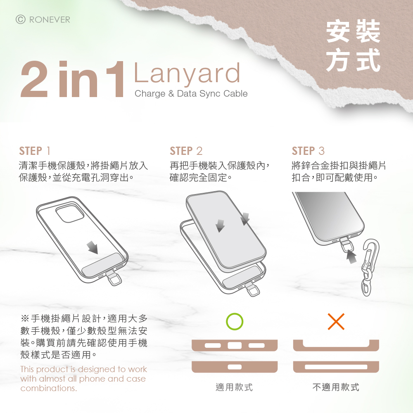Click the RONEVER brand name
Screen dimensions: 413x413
50,20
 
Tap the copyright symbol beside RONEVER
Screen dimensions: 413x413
21,19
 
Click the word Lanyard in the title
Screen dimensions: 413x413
187,74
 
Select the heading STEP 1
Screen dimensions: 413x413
35,151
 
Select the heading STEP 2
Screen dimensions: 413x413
186,151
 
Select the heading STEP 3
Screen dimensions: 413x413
308,151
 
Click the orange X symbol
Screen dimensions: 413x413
336,321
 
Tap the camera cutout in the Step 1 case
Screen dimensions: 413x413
69,213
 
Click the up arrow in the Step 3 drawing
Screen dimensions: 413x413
351,256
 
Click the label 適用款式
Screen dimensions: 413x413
234,387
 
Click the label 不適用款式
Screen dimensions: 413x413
336,387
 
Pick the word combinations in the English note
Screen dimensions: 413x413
49,388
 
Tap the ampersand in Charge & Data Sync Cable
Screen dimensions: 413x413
171,93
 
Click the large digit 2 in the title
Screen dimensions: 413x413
34,80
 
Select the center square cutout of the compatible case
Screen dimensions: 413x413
235,345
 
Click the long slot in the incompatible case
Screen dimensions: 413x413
336,367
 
